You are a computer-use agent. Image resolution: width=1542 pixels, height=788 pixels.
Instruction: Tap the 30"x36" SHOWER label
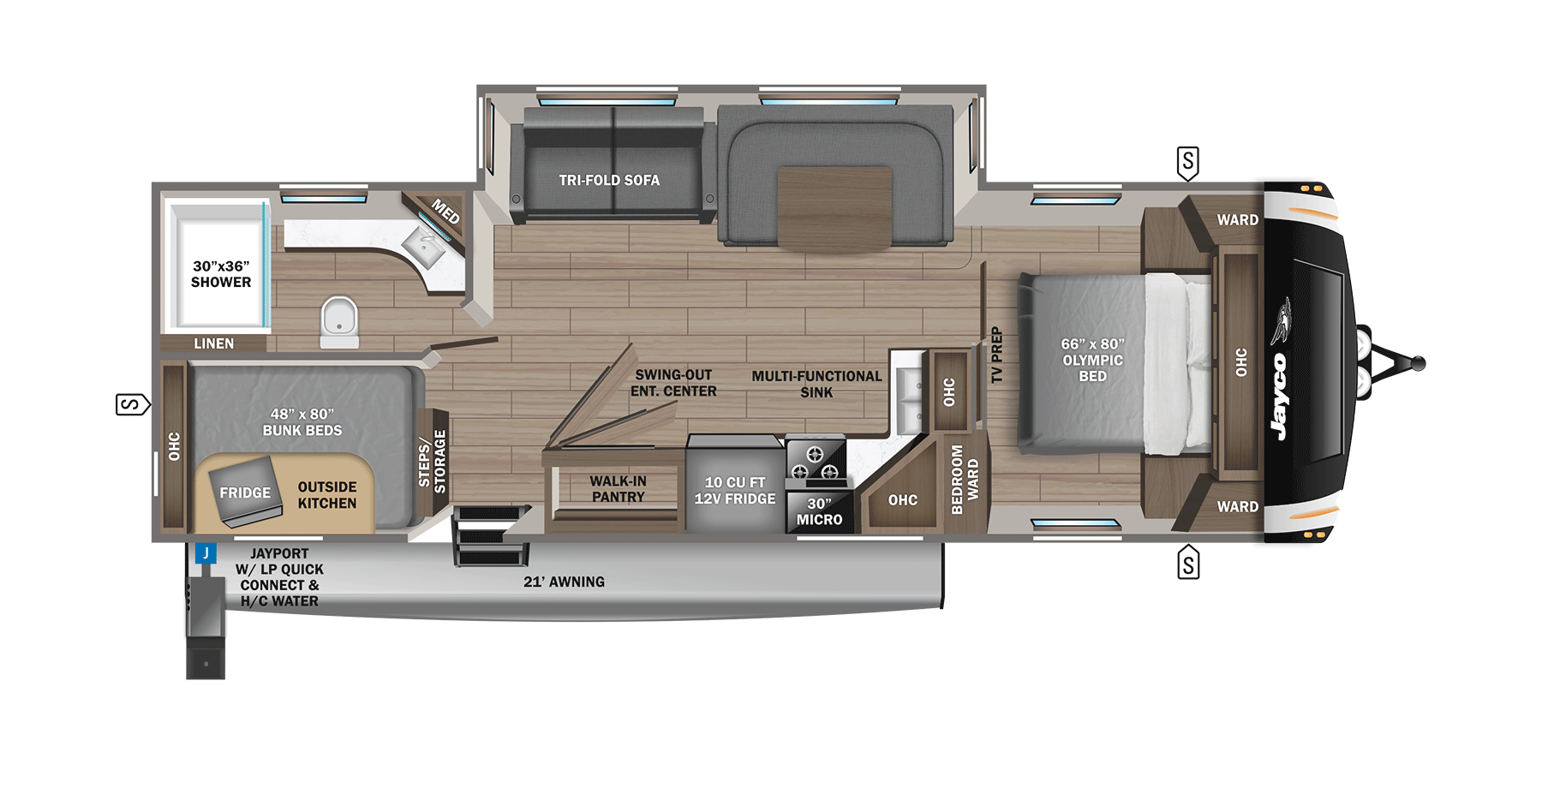pos(221,274)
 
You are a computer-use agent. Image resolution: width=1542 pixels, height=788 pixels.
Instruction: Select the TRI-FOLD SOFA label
pos(609,181)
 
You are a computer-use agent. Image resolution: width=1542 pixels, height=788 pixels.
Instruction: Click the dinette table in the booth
pos(834,208)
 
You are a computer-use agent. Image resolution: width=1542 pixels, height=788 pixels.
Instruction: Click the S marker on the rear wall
pos(132,404)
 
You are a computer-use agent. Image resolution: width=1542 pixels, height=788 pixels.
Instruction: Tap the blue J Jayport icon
pos(206,553)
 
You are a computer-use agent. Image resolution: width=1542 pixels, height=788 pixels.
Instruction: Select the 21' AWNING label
pos(564,582)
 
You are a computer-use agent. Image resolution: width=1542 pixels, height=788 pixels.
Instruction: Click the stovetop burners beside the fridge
pos(815,463)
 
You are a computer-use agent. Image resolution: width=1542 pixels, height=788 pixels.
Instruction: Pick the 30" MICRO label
pos(819,512)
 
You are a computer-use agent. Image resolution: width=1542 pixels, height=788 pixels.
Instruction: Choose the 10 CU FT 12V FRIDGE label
pos(735,491)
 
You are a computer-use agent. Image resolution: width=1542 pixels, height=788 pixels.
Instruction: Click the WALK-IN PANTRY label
pos(618,489)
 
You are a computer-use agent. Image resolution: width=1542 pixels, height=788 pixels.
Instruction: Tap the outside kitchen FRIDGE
pos(245,493)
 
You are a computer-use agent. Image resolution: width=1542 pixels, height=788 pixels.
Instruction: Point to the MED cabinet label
pos(445,211)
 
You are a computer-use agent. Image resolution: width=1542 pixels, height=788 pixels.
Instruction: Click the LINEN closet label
pos(213,343)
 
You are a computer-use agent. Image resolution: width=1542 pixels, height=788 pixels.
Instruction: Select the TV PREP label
pos(996,355)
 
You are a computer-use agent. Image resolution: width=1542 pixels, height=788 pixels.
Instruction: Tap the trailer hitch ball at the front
pos(1418,364)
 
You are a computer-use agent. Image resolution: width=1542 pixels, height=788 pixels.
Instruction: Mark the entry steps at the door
pos(488,538)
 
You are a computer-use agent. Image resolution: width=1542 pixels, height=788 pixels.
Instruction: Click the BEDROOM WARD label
pos(965,480)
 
